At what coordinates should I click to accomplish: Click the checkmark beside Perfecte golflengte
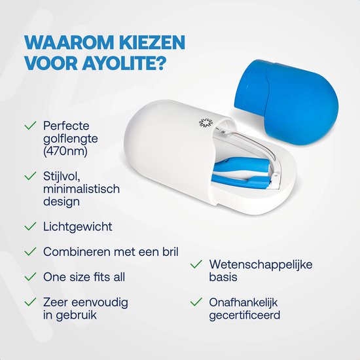tap(29, 124)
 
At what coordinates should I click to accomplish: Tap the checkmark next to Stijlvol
tap(29, 176)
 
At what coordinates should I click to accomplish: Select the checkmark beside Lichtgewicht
tap(29, 226)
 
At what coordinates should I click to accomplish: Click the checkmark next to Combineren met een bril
tap(29, 251)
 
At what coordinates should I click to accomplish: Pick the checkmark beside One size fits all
tap(29, 277)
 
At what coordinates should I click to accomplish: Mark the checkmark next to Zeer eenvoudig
tap(29, 302)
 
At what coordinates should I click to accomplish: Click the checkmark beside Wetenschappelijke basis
tap(195, 264)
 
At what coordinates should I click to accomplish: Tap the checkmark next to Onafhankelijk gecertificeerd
tap(195, 302)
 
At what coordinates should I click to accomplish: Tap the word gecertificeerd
tap(244, 315)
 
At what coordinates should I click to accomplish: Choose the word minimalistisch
tap(82, 189)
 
